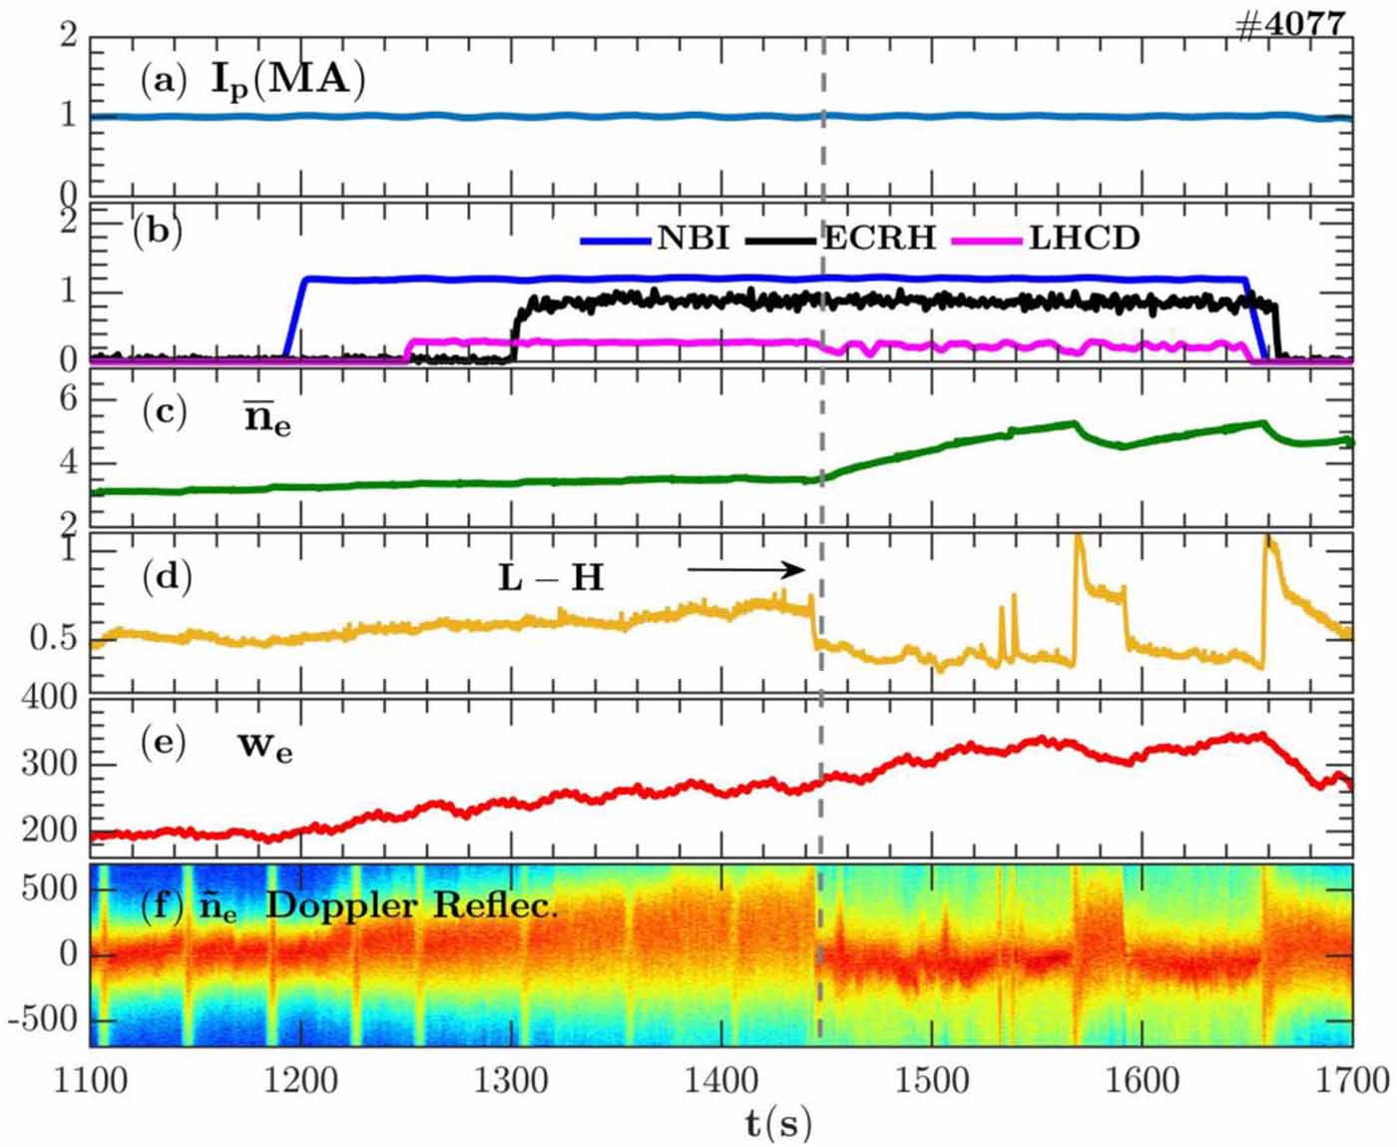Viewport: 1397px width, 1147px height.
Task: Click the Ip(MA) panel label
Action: click(286, 80)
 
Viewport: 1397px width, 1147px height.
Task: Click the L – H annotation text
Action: click(551, 577)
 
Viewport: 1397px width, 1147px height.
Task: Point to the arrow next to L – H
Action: click(745, 570)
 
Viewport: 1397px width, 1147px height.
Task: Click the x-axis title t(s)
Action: click(778, 1124)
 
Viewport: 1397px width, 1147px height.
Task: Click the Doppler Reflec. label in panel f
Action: click(411, 905)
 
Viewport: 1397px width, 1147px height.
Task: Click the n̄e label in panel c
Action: click(267, 419)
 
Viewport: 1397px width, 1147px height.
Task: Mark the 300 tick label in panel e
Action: click(49, 765)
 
